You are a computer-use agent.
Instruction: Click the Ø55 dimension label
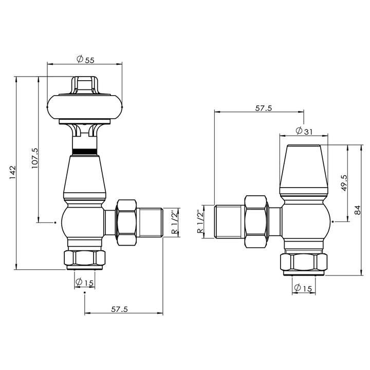pos(85,60)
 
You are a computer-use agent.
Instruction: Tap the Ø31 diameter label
pos(304,132)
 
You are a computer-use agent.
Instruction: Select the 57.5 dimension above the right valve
pos(263,108)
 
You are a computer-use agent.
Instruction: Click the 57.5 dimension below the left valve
pos(119,309)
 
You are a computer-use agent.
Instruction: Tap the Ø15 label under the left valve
pos(85,282)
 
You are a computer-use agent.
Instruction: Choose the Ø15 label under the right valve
pos(303,289)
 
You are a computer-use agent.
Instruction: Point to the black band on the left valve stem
pos(85,151)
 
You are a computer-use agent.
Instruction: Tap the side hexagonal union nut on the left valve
pos(126,222)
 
